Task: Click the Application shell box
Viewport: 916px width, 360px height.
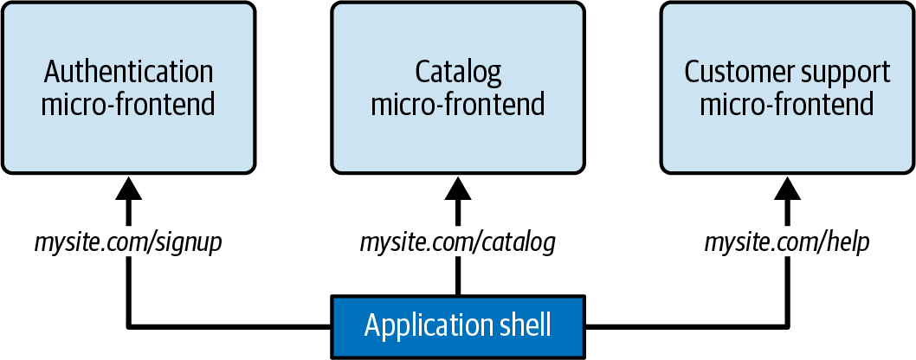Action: click(458, 326)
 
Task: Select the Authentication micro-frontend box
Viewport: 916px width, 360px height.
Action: click(128, 87)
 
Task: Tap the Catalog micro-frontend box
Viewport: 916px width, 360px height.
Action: click(458, 87)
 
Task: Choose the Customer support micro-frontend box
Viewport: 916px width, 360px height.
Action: click(788, 87)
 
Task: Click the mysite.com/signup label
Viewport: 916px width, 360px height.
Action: click(128, 242)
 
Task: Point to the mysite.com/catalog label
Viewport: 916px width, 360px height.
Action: click(457, 242)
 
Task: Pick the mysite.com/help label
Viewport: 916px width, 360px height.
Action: click(787, 242)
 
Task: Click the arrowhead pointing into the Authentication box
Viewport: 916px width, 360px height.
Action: click(128, 188)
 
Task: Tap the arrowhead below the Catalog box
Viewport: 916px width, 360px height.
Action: click(458, 188)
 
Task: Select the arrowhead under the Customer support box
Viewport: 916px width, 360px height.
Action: click(788, 188)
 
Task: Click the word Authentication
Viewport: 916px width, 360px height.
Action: click(128, 73)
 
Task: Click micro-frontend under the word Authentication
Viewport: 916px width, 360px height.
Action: click(128, 105)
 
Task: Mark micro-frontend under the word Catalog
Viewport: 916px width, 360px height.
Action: click(458, 105)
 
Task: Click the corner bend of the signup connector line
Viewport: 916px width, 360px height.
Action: click(128, 326)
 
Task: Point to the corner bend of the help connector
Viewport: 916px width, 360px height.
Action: click(788, 326)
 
